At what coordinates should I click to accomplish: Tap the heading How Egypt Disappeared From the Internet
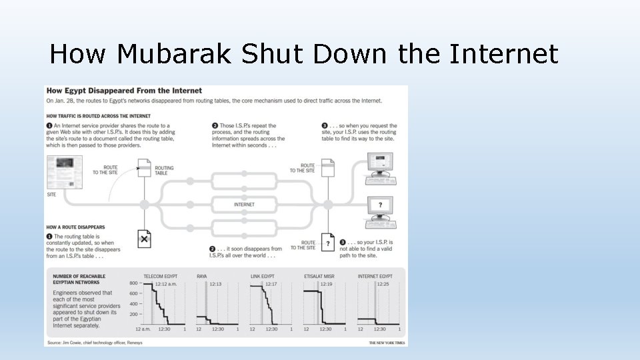[x=124, y=91]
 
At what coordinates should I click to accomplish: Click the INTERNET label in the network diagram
[x=244, y=205]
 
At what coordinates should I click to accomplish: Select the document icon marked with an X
[x=144, y=238]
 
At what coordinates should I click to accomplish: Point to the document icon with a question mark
[x=327, y=243]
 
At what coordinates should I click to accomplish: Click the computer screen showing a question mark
[x=380, y=206]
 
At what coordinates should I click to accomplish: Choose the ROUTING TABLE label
[x=164, y=171]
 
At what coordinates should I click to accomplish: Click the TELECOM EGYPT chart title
[x=161, y=276]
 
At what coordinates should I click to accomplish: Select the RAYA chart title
[x=201, y=276]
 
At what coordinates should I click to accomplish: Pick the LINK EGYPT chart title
[x=263, y=276]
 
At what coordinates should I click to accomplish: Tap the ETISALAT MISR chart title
[x=319, y=276]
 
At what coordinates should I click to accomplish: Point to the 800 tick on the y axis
[x=133, y=284]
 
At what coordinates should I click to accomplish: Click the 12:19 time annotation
[x=325, y=285]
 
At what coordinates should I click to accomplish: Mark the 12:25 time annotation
[x=383, y=285]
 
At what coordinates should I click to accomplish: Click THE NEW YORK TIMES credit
[x=386, y=343]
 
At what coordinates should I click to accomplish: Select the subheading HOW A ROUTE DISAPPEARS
[x=75, y=227]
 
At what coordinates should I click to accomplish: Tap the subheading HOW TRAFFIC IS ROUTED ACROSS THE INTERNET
[x=93, y=116]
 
